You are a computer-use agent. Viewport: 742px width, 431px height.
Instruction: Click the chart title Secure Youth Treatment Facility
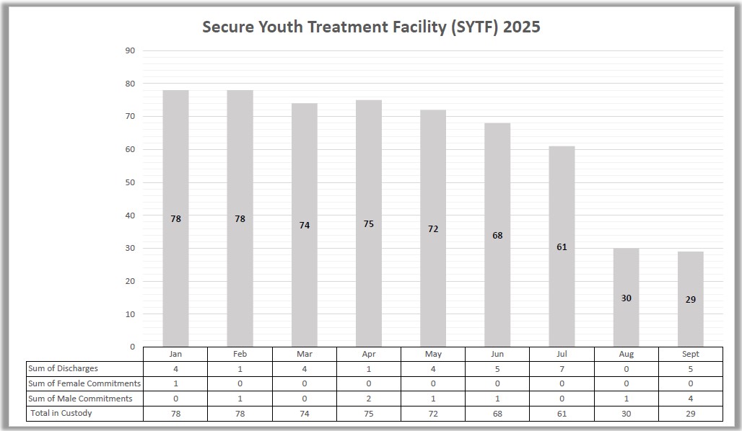click(371, 27)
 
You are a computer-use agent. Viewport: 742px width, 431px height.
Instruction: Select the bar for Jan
click(175, 216)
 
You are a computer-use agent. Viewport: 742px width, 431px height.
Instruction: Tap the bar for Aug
click(626, 297)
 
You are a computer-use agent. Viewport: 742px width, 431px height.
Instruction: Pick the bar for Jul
click(562, 245)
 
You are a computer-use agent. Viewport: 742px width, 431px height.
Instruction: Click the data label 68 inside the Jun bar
click(497, 236)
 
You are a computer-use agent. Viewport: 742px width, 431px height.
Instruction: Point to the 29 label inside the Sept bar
click(691, 300)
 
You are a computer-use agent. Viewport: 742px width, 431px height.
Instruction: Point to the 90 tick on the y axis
click(130, 50)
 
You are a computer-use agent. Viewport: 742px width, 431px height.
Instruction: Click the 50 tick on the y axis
click(130, 182)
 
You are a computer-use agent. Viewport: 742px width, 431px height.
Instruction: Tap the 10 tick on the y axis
click(130, 314)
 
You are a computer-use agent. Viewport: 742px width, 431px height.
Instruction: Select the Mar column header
click(305, 354)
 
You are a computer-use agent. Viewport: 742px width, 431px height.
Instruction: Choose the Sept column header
click(691, 354)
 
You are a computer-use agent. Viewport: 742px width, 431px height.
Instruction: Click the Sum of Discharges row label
click(63, 368)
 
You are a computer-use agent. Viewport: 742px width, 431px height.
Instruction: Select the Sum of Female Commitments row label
click(84, 383)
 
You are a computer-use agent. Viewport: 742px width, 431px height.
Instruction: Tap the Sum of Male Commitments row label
click(80, 399)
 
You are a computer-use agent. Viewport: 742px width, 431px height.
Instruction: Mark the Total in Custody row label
click(61, 413)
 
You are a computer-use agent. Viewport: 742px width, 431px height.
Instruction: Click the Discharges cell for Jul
click(562, 368)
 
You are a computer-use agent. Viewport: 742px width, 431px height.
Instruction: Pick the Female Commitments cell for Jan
click(175, 383)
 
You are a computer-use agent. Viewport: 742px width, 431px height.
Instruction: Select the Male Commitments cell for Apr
click(369, 399)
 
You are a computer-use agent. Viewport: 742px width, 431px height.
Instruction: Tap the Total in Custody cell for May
click(433, 414)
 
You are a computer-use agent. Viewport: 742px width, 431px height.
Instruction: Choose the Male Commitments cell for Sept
click(691, 399)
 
